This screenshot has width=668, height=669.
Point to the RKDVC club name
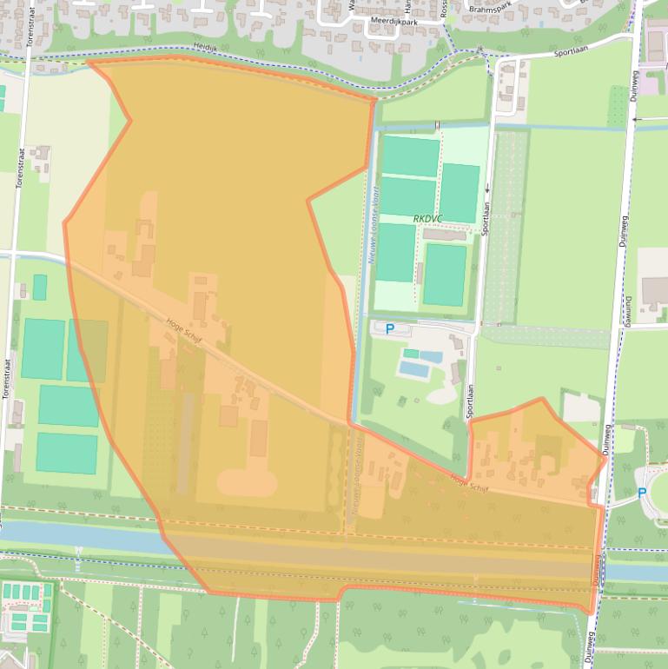coord(428,219)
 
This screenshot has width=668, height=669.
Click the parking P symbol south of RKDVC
coord(390,329)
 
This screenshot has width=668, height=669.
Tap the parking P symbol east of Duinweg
coord(642,493)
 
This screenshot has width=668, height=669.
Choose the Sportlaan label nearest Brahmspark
coord(571,52)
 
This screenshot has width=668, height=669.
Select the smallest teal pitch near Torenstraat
coord(40,287)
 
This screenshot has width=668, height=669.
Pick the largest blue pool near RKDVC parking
coord(415,369)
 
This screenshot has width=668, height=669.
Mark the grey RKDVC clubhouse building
coord(444,235)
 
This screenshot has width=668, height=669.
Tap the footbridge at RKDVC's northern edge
coord(438,125)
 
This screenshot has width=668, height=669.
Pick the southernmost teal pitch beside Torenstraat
coord(66,453)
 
